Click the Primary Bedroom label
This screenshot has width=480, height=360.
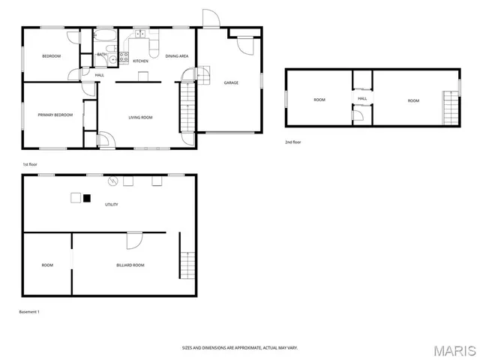(55, 115)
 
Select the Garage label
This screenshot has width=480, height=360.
(231, 82)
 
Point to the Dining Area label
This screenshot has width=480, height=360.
(176, 56)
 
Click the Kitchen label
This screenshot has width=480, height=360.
(140, 61)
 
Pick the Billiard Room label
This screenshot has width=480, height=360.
(130, 265)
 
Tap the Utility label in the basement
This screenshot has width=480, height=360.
(111, 204)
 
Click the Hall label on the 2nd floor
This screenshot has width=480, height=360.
(362, 98)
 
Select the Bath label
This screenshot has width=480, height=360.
(101, 54)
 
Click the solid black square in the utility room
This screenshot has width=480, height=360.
(87, 198)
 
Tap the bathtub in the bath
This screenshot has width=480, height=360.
(104, 35)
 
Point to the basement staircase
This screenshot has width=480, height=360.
(187, 265)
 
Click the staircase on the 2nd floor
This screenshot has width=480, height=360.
(450, 107)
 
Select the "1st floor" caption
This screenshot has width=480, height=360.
(30, 163)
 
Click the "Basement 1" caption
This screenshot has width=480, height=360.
(29, 311)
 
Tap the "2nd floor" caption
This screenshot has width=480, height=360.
(293, 142)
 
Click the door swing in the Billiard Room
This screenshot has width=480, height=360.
(134, 240)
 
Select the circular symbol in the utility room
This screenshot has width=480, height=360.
(114, 181)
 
